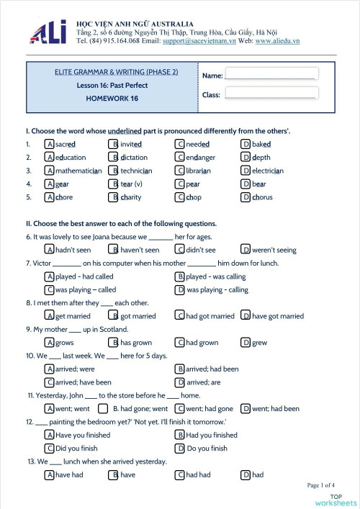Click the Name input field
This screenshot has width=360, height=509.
coord(270,73)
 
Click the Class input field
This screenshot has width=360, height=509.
coord(270,93)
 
